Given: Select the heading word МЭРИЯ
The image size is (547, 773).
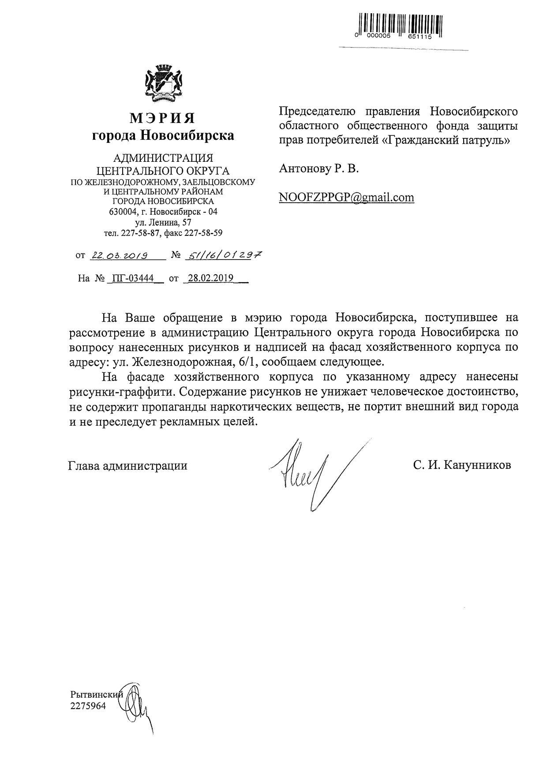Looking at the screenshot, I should click(163, 118).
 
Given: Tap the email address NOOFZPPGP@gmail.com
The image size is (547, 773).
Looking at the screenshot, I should click(347, 197).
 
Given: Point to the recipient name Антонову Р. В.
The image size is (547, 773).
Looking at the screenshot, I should click(319, 168).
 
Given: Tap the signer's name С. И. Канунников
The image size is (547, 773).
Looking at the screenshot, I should click(462, 465).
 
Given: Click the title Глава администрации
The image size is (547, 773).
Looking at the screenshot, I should click(128, 466).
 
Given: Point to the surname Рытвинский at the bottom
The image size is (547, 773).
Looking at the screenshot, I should click(97, 695).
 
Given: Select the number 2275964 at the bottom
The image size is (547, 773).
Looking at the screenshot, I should click(88, 706).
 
